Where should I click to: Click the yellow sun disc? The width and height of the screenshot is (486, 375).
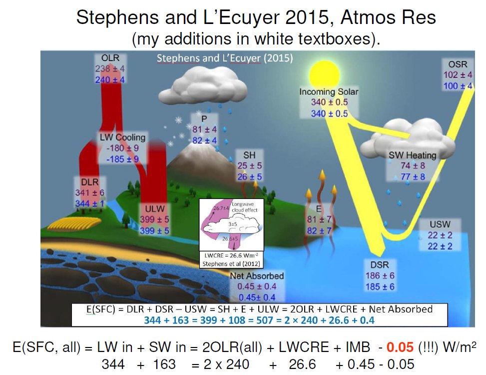324,74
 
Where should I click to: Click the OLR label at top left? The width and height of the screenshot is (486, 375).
110,58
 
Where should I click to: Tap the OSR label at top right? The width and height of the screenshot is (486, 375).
458,64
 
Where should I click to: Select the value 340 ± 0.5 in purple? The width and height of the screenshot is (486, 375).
329,102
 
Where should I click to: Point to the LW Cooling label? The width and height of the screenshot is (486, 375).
122,137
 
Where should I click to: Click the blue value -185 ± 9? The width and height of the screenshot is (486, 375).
122,159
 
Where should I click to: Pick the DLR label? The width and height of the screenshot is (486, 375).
89,182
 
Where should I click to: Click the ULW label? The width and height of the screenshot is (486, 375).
155,208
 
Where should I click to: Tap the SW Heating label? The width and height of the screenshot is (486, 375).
413,155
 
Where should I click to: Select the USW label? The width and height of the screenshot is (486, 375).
440,224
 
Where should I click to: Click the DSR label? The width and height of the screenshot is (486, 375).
380,264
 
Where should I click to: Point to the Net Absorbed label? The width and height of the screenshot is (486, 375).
257,275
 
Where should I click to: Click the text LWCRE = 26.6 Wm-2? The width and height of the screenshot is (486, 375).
231,255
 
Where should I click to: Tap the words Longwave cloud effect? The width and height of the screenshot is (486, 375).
245,207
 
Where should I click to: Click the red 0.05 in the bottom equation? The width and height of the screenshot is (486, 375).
400,347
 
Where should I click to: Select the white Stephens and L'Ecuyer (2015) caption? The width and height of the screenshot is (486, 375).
225,58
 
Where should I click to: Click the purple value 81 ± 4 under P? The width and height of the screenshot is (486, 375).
205,129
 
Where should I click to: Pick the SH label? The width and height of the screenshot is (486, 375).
250,155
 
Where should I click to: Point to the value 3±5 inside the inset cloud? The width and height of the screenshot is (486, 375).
233,224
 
